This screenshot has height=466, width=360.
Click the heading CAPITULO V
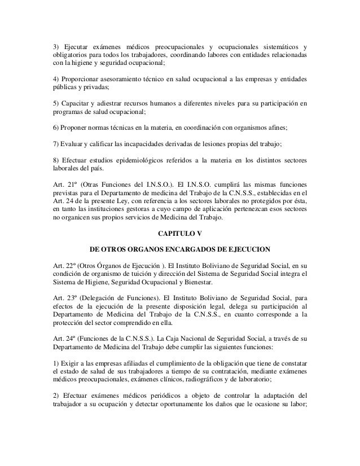coord(179,231)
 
